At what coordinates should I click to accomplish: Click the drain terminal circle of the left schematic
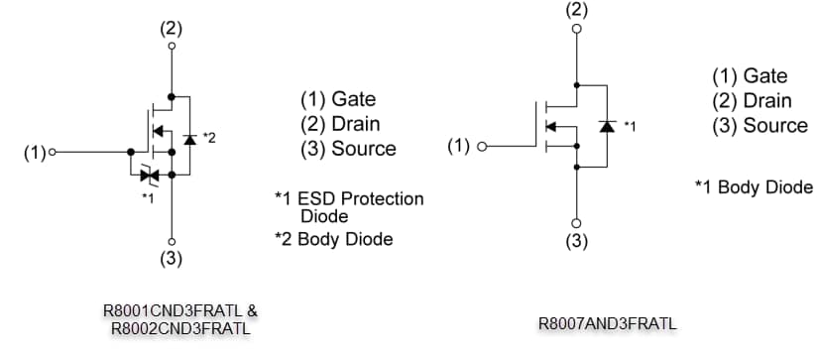(173, 46)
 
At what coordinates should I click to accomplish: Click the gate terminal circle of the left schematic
(52, 153)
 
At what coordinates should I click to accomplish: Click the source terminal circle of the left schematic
(173, 241)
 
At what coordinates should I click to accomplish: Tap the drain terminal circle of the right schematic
(576, 29)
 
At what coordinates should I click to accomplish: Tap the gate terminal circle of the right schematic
(483, 147)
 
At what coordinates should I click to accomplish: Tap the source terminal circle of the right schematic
(576, 222)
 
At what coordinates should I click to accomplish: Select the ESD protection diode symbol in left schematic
(151, 176)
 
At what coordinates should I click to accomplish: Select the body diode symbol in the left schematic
(189, 138)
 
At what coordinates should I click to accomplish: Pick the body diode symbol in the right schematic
(606, 126)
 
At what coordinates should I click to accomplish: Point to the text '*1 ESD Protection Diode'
(349, 206)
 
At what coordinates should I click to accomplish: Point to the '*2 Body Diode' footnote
(333, 239)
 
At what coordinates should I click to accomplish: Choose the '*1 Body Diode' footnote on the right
(754, 186)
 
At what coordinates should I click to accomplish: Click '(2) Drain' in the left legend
(340, 124)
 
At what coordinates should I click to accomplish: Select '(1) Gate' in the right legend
(750, 76)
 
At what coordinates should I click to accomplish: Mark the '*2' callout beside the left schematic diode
(208, 136)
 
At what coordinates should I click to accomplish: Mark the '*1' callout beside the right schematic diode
(630, 126)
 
